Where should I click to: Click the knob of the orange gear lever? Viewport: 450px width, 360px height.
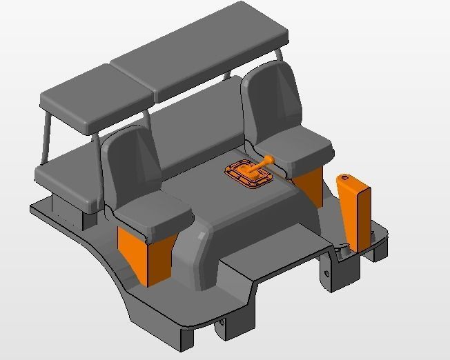coord(270,160)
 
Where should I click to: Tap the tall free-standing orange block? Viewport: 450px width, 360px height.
coord(355,214)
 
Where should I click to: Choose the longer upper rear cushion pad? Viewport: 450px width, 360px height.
coord(200,52)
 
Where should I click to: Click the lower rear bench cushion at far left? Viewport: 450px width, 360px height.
coord(66,176)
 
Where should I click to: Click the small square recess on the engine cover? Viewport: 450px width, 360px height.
coord(201,236)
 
